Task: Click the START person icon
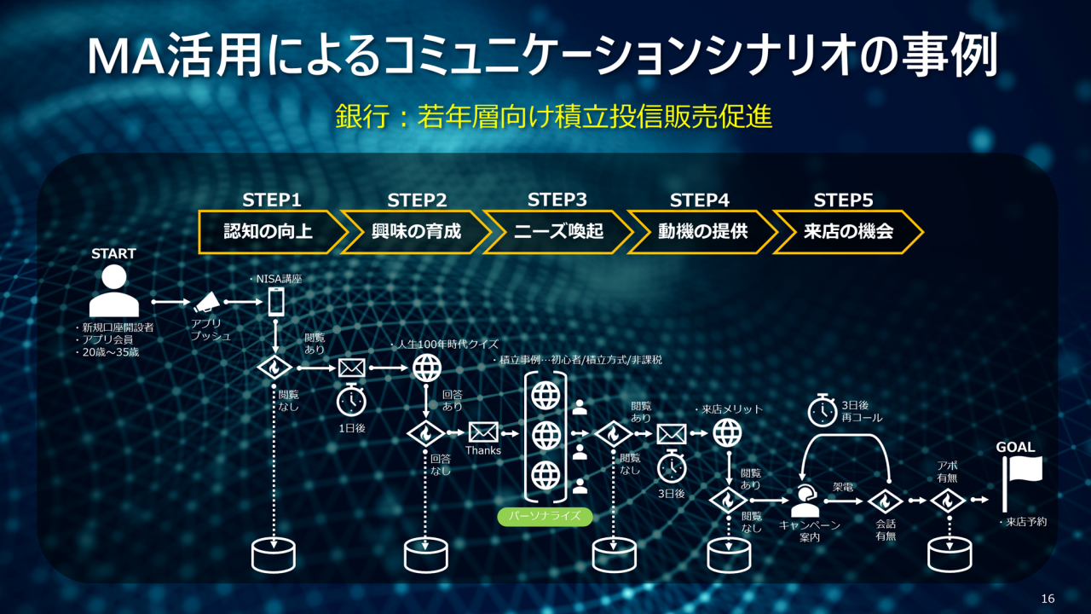pyautogui.click(x=113, y=291)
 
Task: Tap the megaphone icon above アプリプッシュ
pyautogui.click(x=207, y=302)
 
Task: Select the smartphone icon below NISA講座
pyautogui.click(x=276, y=302)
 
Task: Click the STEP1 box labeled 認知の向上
pyautogui.click(x=268, y=231)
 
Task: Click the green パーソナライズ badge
pyautogui.click(x=545, y=516)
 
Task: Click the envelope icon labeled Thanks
pyautogui.click(x=482, y=432)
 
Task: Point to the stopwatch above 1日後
pyautogui.click(x=351, y=401)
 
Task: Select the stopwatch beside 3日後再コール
pyautogui.click(x=822, y=411)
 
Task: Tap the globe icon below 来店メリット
pyautogui.click(x=727, y=434)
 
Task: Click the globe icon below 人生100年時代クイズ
pyautogui.click(x=426, y=368)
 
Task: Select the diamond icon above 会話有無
pyautogui.click(x=886, y=501)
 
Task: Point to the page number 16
pyautogui.click(x=1048, y=599)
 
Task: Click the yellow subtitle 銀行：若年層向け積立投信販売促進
pyautogui.click(x=554, y=117)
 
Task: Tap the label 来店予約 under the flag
pyautogui.click(x=1023, y=522)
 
